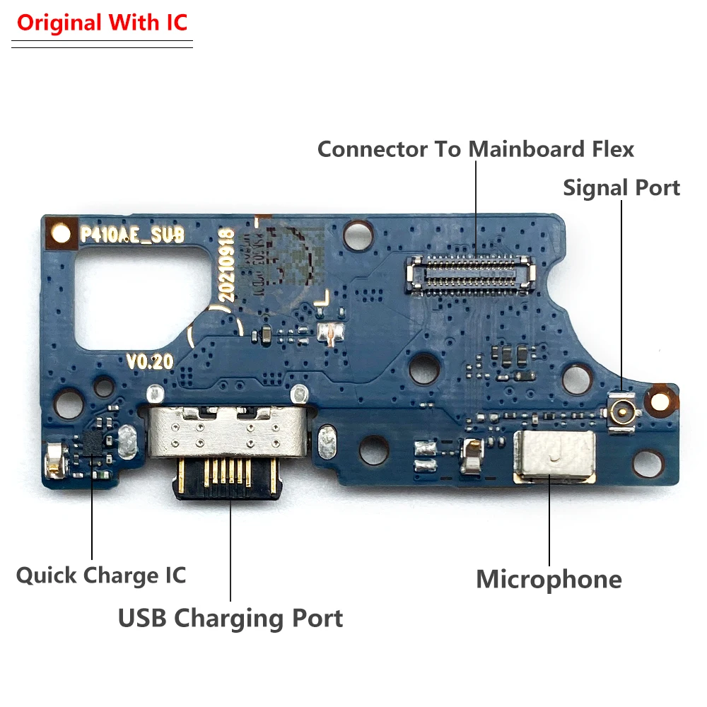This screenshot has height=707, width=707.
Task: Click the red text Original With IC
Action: pos(102,23)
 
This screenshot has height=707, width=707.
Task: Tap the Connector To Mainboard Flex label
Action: pos(475,149)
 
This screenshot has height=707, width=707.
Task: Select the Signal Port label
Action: pos(621,188)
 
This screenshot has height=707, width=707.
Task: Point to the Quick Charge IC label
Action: pos(101,575)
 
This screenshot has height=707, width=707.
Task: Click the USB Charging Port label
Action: pos(230,618)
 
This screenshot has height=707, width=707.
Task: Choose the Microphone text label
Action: pos(549,579)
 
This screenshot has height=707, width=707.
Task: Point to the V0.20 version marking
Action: pos(150,361)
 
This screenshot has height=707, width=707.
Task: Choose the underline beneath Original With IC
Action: pos(102,45)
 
